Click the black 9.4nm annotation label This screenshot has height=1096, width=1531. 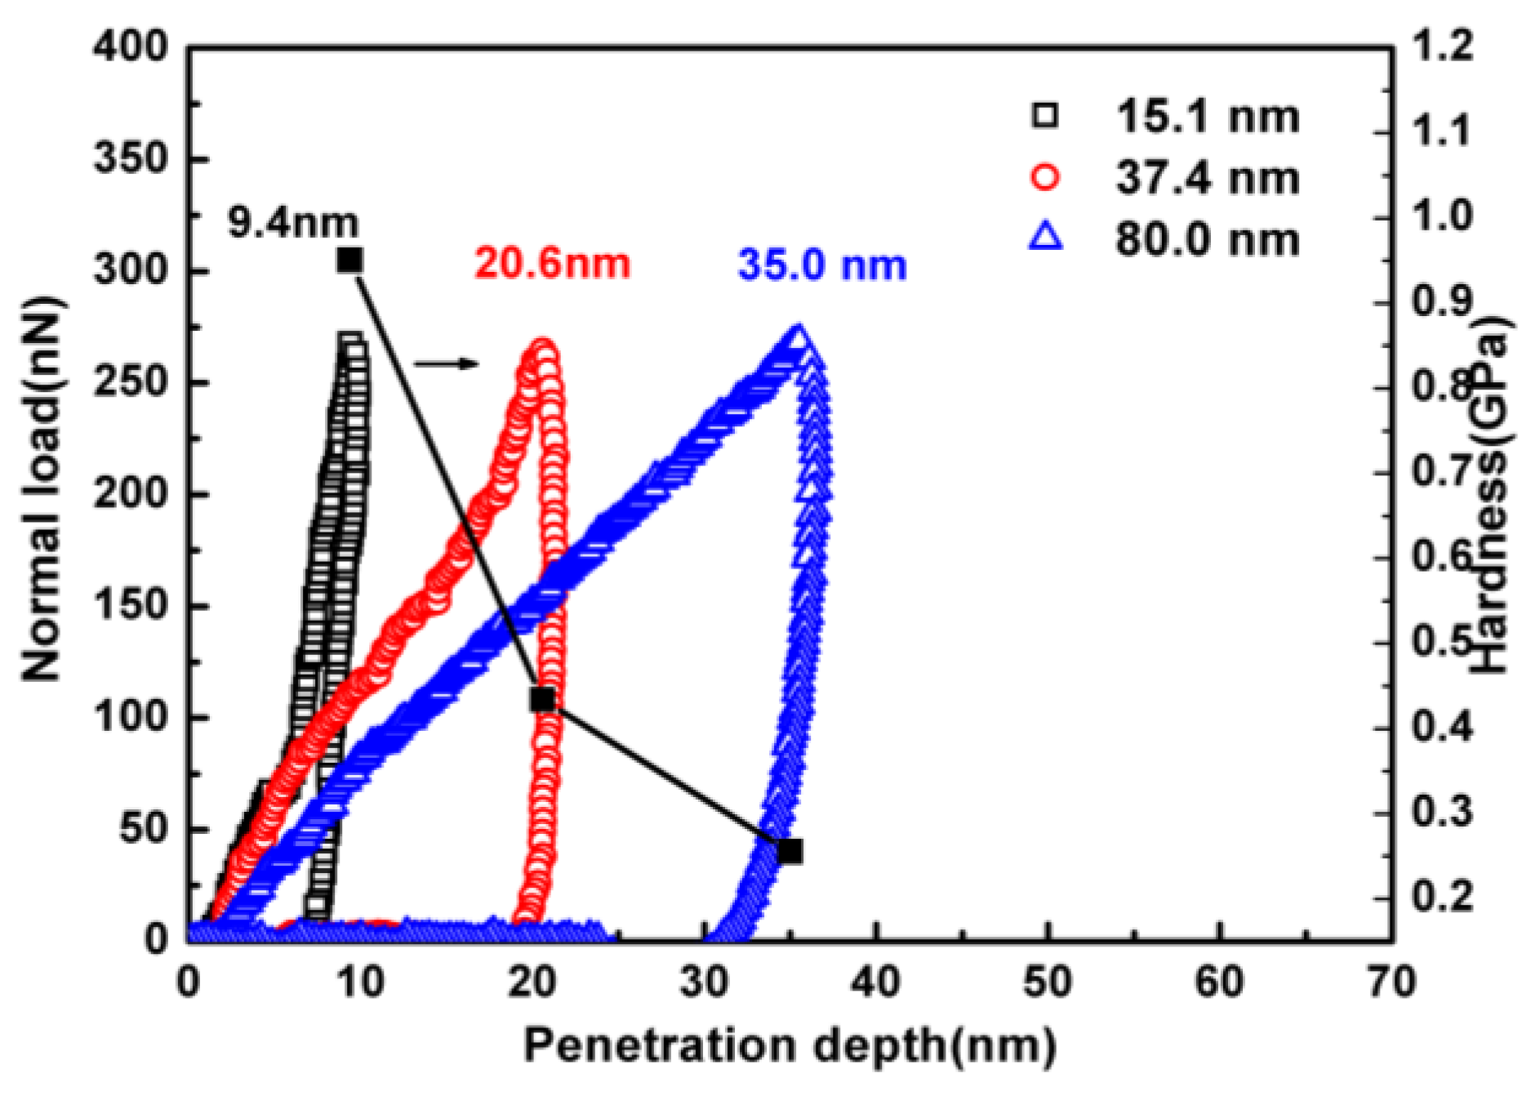(292, 223)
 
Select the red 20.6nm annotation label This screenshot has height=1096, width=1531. (552, 264)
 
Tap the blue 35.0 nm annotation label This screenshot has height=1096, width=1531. (821, 266)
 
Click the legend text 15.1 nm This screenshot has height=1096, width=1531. (1207, 117)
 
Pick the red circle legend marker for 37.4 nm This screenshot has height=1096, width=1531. (1045, 178)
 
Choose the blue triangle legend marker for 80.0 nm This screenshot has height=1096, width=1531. (1046, 238)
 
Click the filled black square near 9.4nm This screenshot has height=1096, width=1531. (349, 261)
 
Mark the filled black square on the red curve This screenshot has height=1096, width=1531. (542, 699)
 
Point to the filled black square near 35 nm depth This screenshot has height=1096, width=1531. (790, 851)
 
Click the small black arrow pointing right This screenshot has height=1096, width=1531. (445, 363)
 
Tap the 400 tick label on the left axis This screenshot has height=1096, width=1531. (130, 47)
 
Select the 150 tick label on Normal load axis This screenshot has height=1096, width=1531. (130, 606)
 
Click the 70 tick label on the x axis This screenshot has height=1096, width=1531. (1391, 982)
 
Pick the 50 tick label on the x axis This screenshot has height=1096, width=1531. (1047, 982)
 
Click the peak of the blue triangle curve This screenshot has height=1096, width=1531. (798, 336)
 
